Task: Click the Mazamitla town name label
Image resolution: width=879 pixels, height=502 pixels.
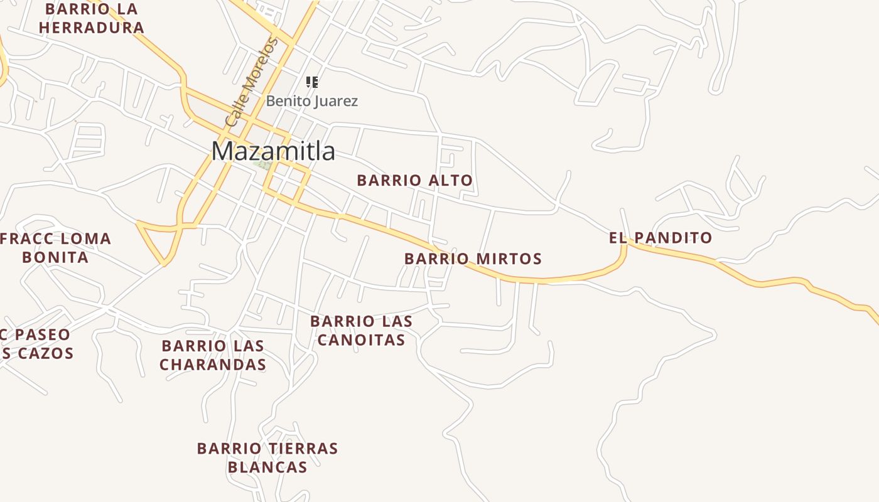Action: point(273,151)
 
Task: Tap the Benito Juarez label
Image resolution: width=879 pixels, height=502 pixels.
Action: point(312,101)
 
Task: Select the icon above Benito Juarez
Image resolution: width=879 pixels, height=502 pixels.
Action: point(312,82)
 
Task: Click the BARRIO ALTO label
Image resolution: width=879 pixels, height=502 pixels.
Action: point(414,181)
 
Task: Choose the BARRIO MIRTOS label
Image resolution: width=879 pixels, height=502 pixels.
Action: point(473,259)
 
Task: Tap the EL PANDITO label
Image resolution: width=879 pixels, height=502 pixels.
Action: point(661,238)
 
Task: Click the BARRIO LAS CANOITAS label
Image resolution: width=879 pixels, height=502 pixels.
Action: point(361,331)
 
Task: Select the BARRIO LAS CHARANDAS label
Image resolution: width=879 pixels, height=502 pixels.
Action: point(213,355)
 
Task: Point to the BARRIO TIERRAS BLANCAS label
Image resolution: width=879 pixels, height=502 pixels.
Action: point(267,458)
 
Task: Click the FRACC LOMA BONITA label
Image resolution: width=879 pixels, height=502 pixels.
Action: point(55,248)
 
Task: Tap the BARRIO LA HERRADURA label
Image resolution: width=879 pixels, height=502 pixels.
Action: point(92,19)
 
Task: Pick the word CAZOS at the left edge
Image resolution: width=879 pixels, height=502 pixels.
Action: point(46,353)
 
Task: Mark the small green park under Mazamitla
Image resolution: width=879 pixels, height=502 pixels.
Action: point(264,166)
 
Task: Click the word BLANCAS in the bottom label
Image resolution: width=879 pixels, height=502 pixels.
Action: point(267,467)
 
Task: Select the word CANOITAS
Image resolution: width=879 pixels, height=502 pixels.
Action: point(361,340)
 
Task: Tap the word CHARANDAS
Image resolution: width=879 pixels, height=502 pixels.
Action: point(213,365)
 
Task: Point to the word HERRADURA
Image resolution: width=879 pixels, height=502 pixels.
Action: point(92,28)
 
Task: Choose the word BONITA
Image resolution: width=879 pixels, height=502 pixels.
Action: point(55,257)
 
